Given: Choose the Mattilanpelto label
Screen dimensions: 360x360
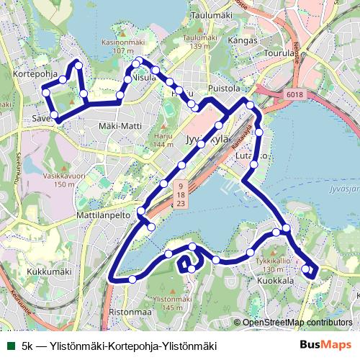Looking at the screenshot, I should point(101,215).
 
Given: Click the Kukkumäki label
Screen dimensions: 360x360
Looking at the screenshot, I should point(49,272).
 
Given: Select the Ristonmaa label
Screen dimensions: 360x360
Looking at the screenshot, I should point(130,312).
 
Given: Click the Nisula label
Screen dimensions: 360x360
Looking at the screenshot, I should point(144,78).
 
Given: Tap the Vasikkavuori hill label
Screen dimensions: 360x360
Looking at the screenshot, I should point(59,179).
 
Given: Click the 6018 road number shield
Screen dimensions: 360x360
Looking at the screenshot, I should point(294,95).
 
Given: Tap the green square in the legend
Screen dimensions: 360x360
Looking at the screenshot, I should point(9,345).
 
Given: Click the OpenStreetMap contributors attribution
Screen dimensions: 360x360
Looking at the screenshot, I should point(297,323).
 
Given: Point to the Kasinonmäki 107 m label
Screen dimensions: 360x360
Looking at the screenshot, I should point(119,47).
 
